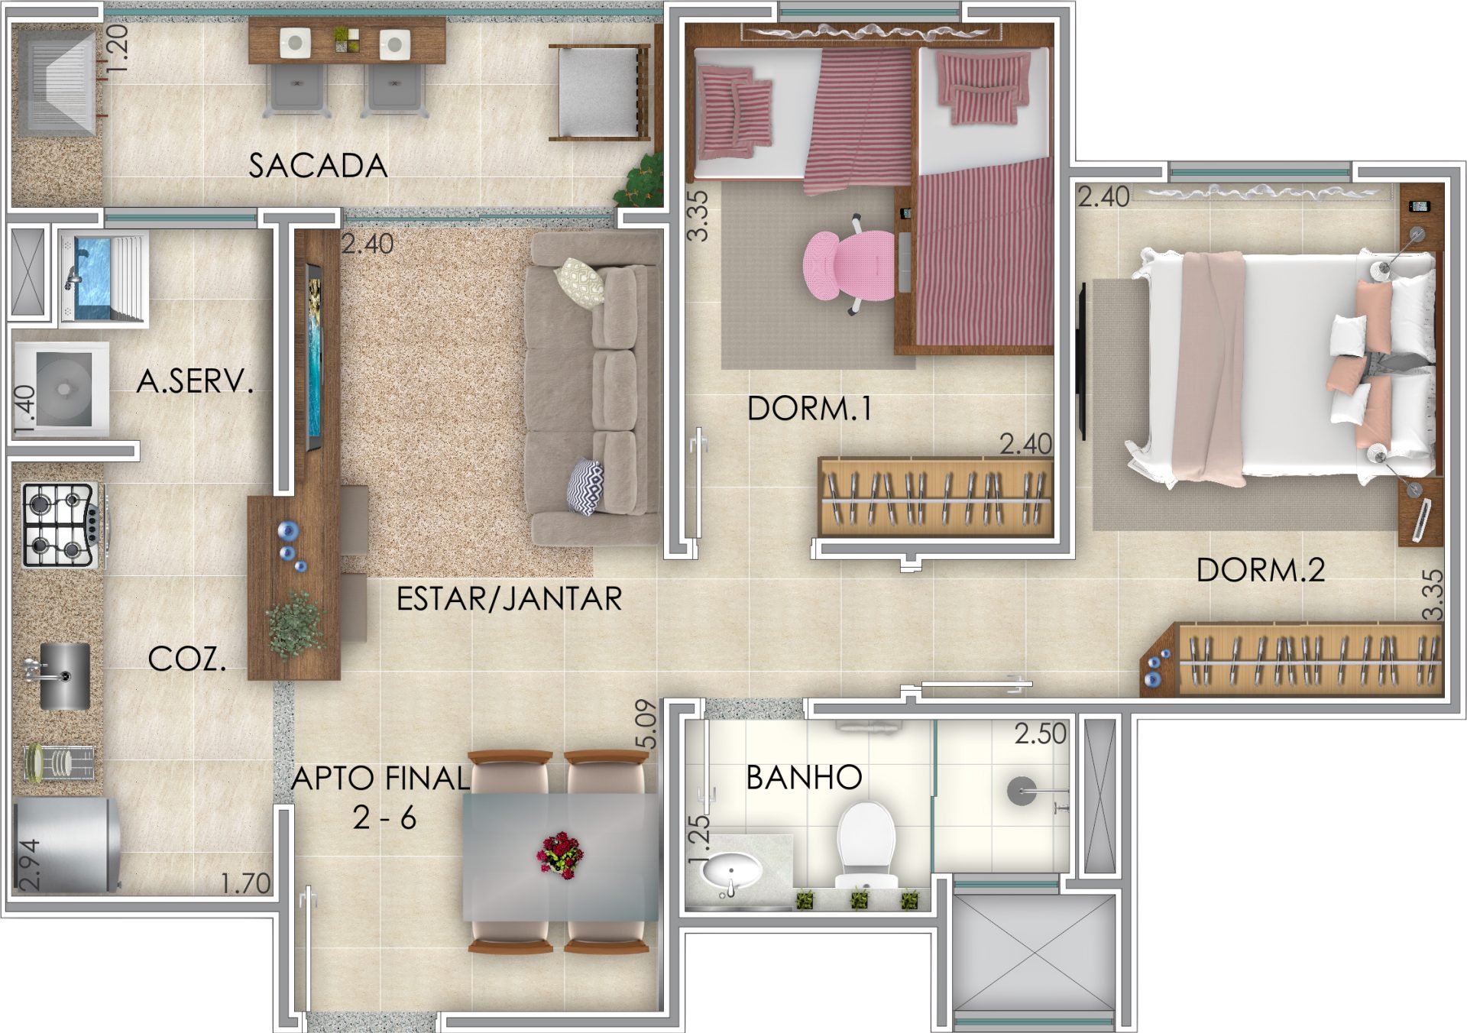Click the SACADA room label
point(318,166)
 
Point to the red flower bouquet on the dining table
point(561,855)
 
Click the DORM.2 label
point(1261,571)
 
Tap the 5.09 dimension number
point(646,724)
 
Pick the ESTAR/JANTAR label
point(509,599)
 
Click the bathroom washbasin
point(731,870)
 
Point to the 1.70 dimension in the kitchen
point(245,884)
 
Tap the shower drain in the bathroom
point(1022,792)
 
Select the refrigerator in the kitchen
point(66,845)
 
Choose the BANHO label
point(804,778)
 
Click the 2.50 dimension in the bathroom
point(1040,734)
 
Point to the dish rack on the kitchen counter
point(60,763)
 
